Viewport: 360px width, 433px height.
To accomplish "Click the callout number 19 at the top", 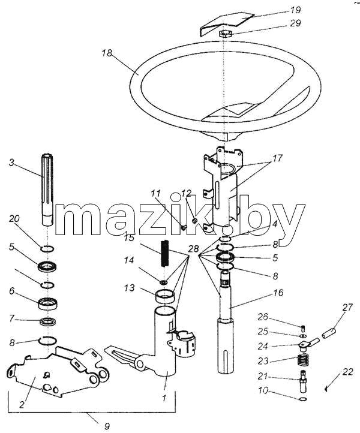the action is (295, 10).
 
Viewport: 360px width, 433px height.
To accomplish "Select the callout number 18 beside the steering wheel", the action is (107, 53).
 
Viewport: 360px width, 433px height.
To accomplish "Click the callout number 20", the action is (14, 219).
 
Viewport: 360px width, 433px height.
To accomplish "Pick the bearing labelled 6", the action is (48, 303).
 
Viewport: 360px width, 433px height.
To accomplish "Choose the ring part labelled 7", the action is (48, 321).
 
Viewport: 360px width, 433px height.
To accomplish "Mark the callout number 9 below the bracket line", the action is (107, 426).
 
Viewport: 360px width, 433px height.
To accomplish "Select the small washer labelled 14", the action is (164, 282).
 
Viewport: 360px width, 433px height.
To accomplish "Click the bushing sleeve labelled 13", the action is (165, 296).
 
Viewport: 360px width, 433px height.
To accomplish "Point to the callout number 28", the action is (194, 249).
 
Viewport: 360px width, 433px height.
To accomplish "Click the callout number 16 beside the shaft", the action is (278, 292).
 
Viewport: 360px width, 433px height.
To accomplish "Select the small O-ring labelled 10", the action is (303, 399).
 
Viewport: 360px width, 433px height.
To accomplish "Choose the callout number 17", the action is (277, 158).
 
